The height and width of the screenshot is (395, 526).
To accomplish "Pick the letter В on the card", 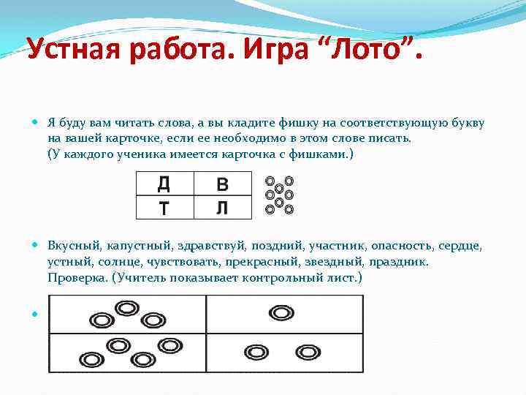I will click(x=222, y=183).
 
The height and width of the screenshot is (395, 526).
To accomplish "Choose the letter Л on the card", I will click(x=222, y=208).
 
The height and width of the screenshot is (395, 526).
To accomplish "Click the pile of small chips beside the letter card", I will click(x=279, y=195).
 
